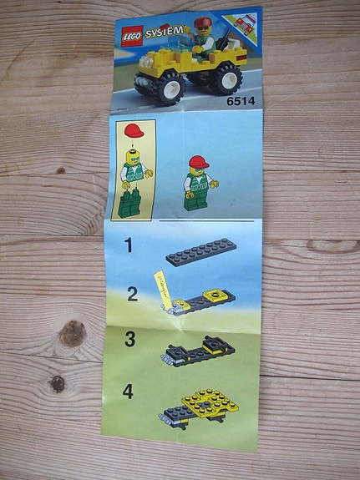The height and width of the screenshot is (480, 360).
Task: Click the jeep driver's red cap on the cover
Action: tap(204, 20)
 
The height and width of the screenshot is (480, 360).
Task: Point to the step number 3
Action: tap(129, 340)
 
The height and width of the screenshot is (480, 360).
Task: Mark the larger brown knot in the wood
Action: tap(74, 334)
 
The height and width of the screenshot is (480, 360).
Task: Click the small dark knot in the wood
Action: tap(58, 383)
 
